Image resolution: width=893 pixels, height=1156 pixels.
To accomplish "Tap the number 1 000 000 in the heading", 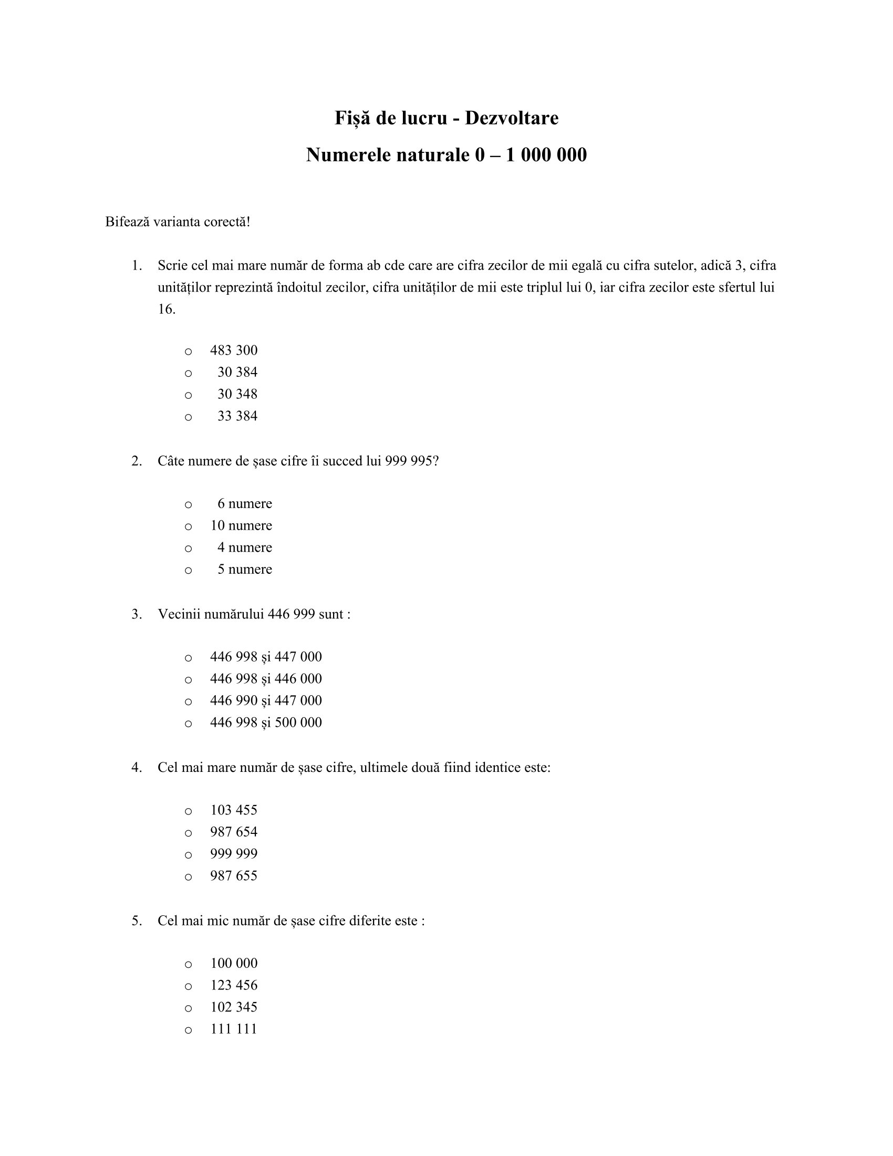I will point(546,155).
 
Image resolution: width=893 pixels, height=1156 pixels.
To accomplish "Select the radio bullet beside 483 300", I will point(189,352).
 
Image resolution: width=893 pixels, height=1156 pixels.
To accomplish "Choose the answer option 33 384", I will point(237,416).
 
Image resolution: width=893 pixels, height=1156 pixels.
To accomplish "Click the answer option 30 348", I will point(237,394).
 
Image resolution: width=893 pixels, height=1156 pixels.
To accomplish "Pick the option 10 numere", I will point(241,525).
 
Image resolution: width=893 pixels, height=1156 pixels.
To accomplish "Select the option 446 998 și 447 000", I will point(266,657).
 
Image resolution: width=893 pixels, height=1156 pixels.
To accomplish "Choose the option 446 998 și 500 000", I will point(266,723).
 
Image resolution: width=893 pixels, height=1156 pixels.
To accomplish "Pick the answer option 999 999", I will point(234,854).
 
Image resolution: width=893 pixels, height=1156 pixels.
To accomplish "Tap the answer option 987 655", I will point(234,875).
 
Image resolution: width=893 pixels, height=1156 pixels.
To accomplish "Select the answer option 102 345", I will point(234,1007).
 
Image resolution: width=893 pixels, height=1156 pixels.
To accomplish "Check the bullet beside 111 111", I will point(189,1030).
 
